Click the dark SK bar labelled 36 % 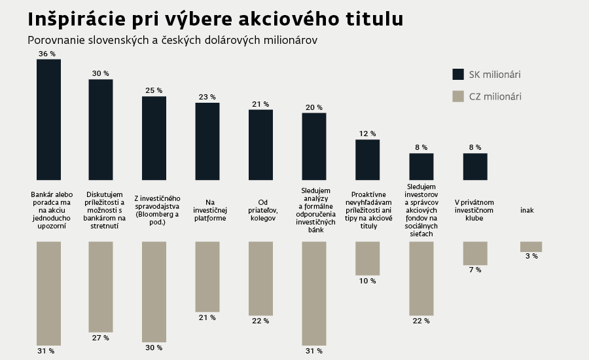pyautogui.click(x=49, y=119)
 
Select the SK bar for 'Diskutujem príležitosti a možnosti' pyautogui.click(x=101, y=130)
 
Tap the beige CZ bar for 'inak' pyautogui.click(x=531, y=247)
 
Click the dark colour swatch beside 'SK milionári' pyautogui.click(x=458, y=74)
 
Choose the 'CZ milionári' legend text pyautogui.click(x=495, y=97)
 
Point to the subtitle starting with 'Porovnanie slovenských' pyautogui.click(x=172, y=40)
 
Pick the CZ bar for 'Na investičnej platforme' pyautogui.click(x=207, y=276)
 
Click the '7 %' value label pyautogui.click(x=474, y=270)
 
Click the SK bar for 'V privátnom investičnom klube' pyautogui.click(x=475, y=166)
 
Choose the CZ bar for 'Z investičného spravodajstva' pyautogui.click(x=154, y=291)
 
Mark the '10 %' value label pyautogui.click(x=367, y=281)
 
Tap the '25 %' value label pyautogui.click(x=154, y=90)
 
